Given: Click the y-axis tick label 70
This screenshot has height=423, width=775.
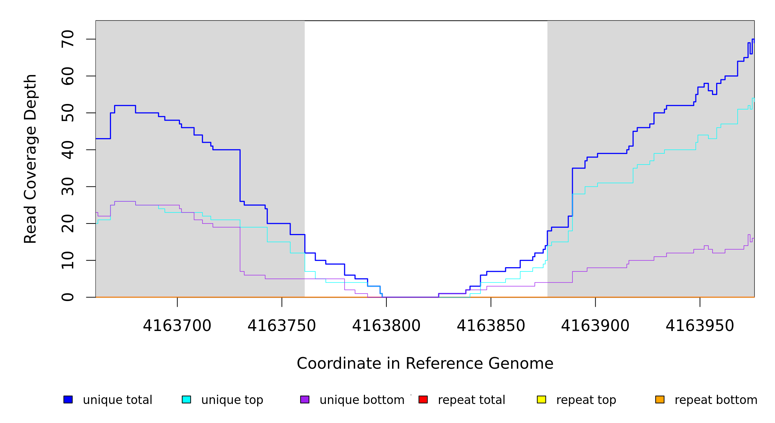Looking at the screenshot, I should (x=68, y=39).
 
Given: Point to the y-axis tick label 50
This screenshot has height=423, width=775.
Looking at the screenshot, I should (x=68, y=113).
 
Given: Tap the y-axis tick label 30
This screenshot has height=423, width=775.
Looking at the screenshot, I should (x=68, y=186).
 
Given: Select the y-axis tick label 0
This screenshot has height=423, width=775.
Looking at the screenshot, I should (x=68, y=297).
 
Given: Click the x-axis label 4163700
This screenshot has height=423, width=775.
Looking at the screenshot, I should (x=177, y=326).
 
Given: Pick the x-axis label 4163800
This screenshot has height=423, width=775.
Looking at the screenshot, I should (x=386, y=326).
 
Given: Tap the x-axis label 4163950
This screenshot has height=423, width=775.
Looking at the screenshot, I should (x=700, y=326).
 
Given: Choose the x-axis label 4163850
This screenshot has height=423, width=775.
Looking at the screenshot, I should (x=491, y=326).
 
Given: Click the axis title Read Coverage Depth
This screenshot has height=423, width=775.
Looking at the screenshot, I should (x=30, y=159).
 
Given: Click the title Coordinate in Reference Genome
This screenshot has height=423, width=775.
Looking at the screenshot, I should (x=425, y=363).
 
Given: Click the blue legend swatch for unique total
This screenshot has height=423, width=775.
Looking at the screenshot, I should (x=68, y=399).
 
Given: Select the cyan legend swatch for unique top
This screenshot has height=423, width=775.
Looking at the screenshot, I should (x=186, y=399).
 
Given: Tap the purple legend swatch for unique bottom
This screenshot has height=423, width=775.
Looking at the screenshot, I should (x=305, y=399).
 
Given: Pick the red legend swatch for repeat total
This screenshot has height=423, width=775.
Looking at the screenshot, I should (x=423, y=399).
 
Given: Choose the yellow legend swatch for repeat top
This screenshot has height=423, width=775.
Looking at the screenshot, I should (x=541, y=399).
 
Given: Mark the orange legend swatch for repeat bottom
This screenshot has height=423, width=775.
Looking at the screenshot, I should (x=660, y=399).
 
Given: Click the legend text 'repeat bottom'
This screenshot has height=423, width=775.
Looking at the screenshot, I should (x=716, y=400).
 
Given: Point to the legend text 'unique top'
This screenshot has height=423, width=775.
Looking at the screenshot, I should (x=232, y=400).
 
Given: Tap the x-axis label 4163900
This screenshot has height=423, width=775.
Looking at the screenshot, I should (x=595, y=326).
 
